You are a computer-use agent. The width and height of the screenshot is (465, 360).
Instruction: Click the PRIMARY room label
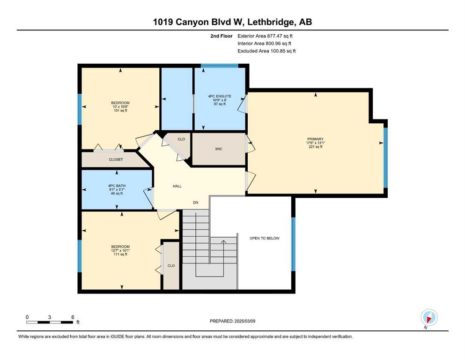click(x=315, y=139)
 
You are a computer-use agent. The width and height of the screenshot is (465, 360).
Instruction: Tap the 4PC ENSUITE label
click(x=220, y=96)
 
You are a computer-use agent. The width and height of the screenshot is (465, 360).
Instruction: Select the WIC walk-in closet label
click(x=219, y=149)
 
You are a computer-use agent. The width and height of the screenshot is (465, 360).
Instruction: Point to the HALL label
click(x=177, y=186)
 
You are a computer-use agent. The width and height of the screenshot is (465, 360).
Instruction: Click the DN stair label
click(x=196, y=202)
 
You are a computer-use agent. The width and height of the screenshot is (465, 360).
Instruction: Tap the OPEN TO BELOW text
click(x=265, y=238)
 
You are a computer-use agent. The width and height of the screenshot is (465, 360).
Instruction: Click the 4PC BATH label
click(x=117, y=186)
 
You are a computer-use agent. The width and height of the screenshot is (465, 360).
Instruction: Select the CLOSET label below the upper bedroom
click(x=116, y=160)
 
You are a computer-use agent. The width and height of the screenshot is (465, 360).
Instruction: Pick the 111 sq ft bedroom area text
click(x=120, y=255)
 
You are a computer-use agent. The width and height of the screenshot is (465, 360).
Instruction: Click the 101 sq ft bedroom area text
click(x=120, y=111)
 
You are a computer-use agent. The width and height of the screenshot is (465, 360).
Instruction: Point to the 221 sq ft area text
click(x=315, y=147)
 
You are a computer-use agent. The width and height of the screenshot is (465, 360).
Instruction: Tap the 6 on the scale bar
click(x=73, y=317)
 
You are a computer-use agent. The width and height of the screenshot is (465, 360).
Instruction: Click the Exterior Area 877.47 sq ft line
click(x=265, y=36)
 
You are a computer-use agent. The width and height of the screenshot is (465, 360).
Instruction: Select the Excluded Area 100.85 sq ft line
click(x=266, y=51)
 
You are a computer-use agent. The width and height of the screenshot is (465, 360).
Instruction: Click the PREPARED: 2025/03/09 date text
click(x=232, y=321)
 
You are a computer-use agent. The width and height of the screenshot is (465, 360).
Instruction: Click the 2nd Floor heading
click(x=221, y=36)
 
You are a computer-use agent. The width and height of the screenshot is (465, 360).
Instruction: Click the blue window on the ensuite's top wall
click(x=220, y=66)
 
